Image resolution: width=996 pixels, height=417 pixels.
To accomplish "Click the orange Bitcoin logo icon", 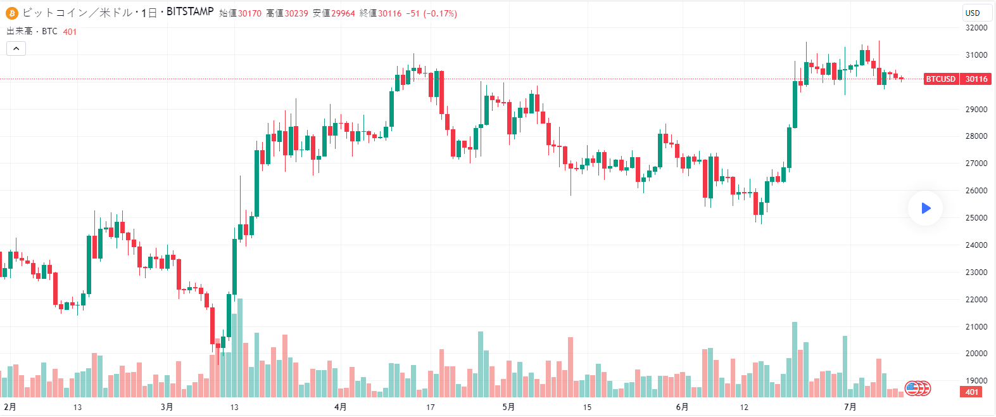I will click(x=12, y=13).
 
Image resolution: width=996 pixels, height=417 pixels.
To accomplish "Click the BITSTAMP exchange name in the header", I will click(x=190, y=12).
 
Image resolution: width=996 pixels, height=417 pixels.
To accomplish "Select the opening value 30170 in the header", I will click(x=249, y=13).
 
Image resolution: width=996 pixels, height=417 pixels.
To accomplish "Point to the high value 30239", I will click(x=296, y=13).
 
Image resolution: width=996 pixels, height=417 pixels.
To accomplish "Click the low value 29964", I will click(x=343, y=13).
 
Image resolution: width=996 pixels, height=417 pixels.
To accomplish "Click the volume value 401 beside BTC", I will click(x=70, y=32).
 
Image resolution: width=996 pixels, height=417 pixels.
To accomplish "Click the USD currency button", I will click(x=973, y=13).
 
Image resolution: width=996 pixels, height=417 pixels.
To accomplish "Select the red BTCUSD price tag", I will click(x=940, y=79).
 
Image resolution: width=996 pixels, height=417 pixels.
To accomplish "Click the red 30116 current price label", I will click(x=976, y=79).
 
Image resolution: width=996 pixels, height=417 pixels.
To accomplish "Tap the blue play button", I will click(x=925, y=208).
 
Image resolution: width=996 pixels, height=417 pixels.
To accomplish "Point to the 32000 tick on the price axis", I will click(x=976, y=28).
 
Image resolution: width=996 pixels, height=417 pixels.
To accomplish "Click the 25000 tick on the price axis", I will click(x=976, y=218).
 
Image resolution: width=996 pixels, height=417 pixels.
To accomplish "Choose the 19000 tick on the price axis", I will click(x=976, y=381).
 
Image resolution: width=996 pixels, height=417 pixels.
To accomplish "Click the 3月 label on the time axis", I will click(x=167, y=407).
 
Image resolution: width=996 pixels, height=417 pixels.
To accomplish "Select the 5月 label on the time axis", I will click(x=508, y=407).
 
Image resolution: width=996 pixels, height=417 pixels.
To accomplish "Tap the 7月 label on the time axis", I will click(x=850, y=407).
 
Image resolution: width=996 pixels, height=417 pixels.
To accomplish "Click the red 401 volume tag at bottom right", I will click(x=972, y=392).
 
